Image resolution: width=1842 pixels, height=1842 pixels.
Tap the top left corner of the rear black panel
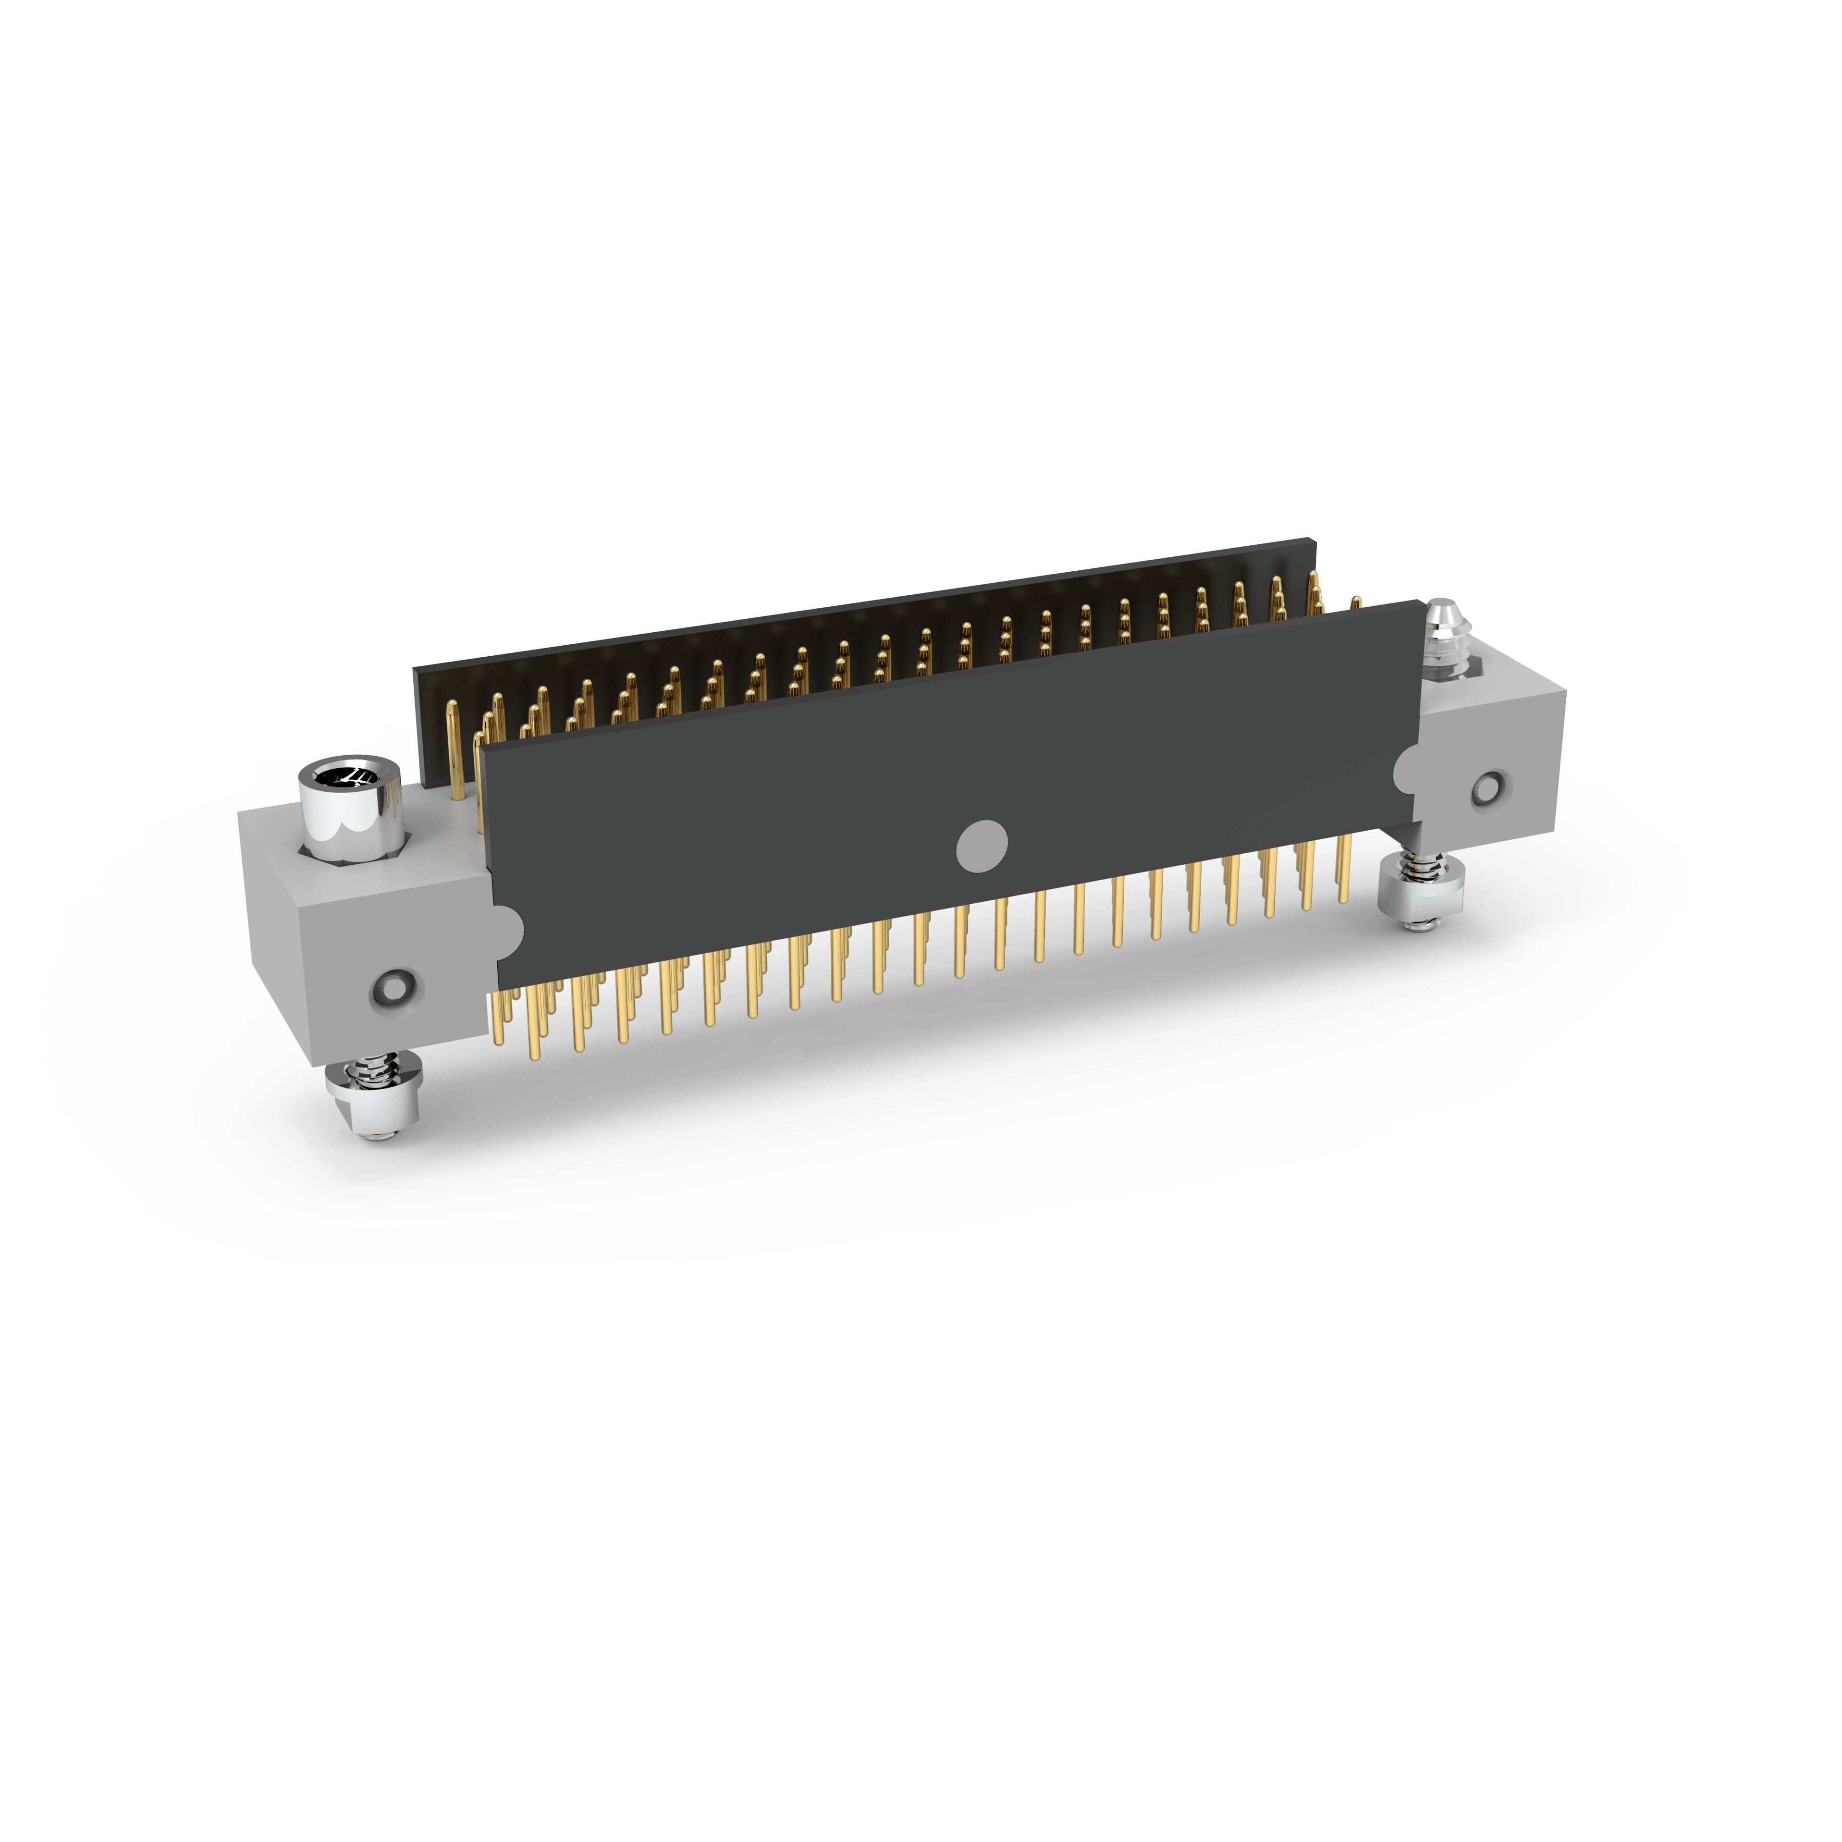click(415, 669)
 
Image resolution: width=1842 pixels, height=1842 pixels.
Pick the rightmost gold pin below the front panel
click(1344, 868)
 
